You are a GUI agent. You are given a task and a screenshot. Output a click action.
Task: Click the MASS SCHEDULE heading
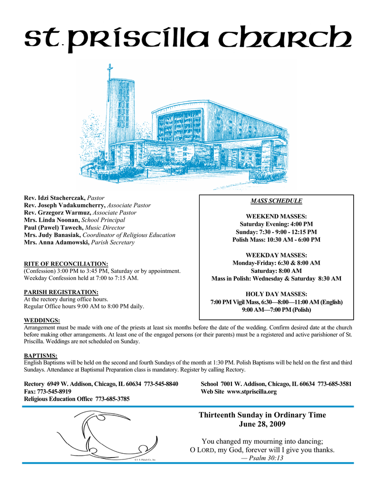(276, 201)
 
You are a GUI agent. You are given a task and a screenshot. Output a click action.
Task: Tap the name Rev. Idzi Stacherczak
(55, 197)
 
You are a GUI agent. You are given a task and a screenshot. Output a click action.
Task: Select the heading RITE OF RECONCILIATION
(66, 263)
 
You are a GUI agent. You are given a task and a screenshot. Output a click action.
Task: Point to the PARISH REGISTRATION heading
(61, 292)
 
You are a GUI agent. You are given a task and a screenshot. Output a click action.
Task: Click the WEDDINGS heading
(42, 321)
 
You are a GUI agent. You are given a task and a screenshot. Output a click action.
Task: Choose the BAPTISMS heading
(40, 355)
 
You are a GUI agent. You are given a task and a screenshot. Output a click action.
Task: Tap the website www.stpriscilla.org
(252, 392)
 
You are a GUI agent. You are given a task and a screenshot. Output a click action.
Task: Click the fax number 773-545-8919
(55, 392)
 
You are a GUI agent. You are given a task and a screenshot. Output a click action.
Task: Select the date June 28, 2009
(262, 424)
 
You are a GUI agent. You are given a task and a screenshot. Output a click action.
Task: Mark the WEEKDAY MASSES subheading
(276, 255)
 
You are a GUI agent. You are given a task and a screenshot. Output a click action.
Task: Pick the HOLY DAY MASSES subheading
(276, 294)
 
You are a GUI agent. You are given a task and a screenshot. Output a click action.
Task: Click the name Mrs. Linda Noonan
(52, 220)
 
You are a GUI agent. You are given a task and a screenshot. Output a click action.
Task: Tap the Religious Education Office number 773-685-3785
(112, 400)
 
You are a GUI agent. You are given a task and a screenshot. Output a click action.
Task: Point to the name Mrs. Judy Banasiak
(52, 235)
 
